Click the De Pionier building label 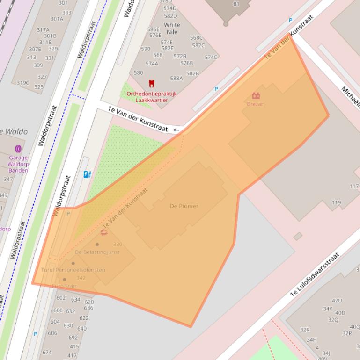[x=184, y=206]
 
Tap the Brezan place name [x=256, y=104]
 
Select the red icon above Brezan [x=256, y=96]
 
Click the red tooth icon [x=151, y=84]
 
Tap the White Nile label [x=172, y=29]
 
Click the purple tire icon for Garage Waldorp [x=18, y=149]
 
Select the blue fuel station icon [x=86, y=174]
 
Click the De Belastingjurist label [x=97, y=252]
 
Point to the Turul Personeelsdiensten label [x=73, y=270]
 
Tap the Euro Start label [x=64, y=286]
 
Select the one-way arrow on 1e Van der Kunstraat [x=176, y=130]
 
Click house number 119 [x=336, y=202]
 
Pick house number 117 [x=354, y=186]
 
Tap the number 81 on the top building [x=236, y=4]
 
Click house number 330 [x=118, y=245]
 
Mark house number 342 [x=81, y=278]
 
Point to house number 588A [x=176, y=79]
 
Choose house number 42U [x=337, y=301]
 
